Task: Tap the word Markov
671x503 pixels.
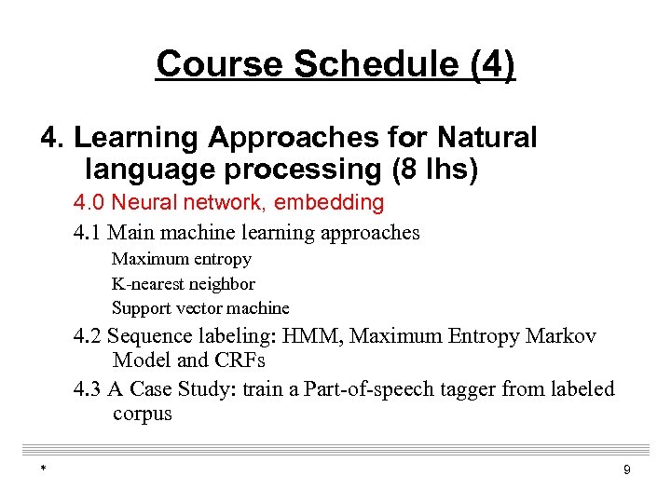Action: [x=561, y=336]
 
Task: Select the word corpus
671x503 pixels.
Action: [x=142, y=414]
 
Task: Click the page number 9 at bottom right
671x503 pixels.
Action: [x=626, y=470]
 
